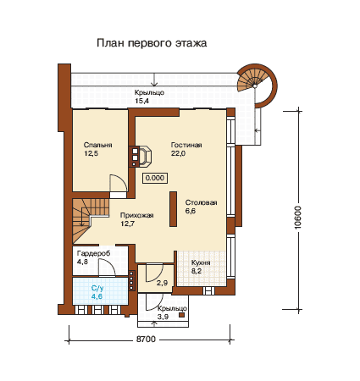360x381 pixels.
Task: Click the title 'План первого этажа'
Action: tap(152, 43)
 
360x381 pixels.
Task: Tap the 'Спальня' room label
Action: tap(97, 145)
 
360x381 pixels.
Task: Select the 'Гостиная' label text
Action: tap(186, 145)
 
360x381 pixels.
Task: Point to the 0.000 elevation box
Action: tap(155, 178)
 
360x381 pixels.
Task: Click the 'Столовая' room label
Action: tap(201, 202)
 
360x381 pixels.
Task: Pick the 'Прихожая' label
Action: tap(137, 215)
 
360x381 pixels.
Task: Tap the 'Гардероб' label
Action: tap(93, 253)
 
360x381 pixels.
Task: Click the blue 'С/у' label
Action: tap(97, 288)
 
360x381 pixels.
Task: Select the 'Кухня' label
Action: tap(201, 262)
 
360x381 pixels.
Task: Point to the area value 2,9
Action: tap(162, 283)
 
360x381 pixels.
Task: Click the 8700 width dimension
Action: tap(146, 339)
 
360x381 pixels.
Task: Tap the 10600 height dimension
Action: tap(297, 218)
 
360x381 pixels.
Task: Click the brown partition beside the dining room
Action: tap(173, 209)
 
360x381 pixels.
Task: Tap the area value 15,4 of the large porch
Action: tap(141, 101)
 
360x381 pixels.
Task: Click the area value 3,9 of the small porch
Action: tap(163, 317)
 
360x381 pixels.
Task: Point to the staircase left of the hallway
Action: tap(91, 220)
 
